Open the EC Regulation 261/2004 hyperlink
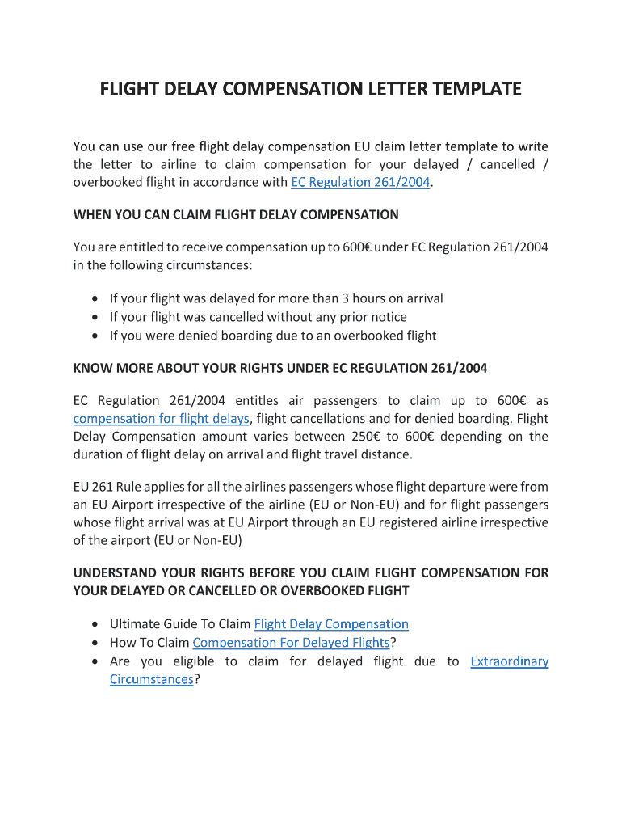(360, 182)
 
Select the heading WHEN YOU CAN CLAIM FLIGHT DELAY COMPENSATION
(236, 214)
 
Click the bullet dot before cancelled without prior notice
(96, 317)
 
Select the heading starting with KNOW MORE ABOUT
(280, 368)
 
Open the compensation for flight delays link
(161, 418)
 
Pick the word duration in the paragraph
(99, 454)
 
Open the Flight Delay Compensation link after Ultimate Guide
(331, 624)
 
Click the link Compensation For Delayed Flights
(291, 643)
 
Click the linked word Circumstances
(151, 679)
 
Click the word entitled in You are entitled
(149, 247)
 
